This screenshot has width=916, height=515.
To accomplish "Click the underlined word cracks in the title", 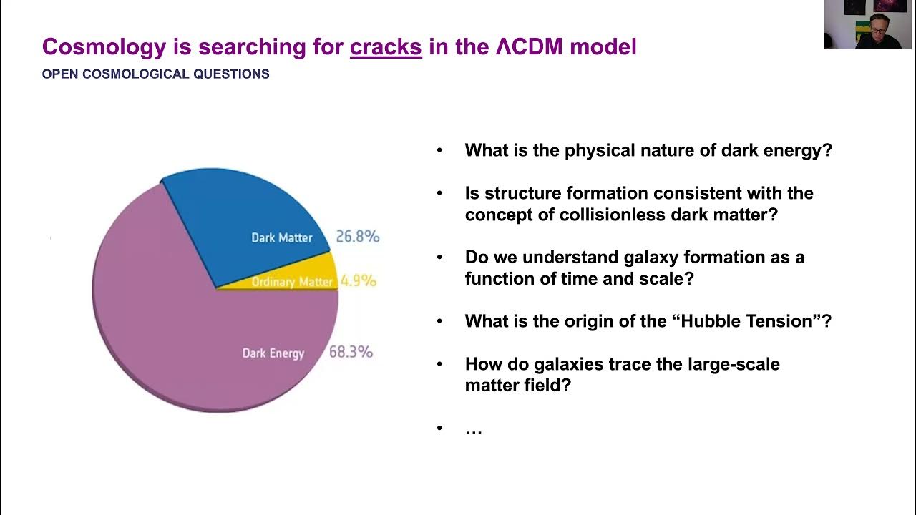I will [x=386, y=47].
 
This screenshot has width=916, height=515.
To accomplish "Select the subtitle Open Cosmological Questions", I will [x=155, y=74].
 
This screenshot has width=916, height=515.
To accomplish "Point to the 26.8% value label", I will [x=357, y=237].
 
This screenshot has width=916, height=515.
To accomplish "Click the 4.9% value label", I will [x=358, y=281].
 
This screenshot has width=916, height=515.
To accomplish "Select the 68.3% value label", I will [x=351, y=352].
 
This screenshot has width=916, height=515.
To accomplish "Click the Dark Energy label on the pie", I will [x=273, y=353].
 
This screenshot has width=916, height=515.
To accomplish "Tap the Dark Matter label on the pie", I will [x=281, y=237].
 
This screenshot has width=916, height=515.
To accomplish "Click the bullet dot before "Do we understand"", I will [x=439, y=257].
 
